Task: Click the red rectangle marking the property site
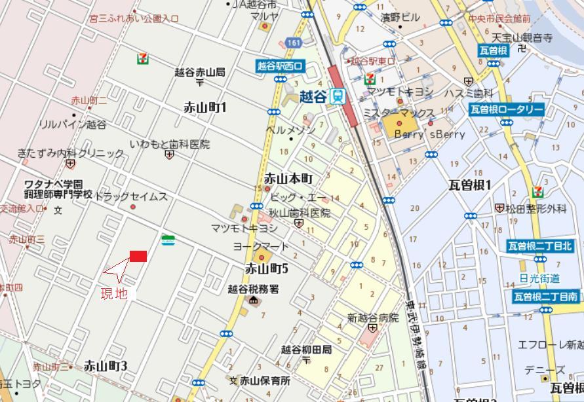pyautogui.click(x=138, y=256)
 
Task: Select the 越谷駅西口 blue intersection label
pyautogui.click(x=281, y=65)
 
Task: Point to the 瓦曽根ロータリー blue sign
pyautogui.click(x=507, y=109)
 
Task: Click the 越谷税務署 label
pyautogui.click(x=253, y=288)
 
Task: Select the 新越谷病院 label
pyautogui.click(x=372, y=318)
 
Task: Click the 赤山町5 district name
pyautogui.click(x=267, y=268)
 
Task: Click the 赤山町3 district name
pyautogui.click(x=105, y=366)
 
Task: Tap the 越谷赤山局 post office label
pyautogui.click(x=200, y=72)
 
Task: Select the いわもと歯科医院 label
pyautogui.click(x=170, y=144)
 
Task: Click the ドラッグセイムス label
pyautogui.click(x=131, y=196)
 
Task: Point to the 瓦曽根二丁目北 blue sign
pyautogui.click(x=540, y=246)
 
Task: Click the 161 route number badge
pyautogui.click(x=292, y=43)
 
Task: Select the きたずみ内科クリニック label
pyautogui.click(x=71, y=154)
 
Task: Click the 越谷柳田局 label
pyautogui.click(x=306, y=350)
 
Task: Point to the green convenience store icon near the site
pyautogui.click(x=168, y=240)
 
